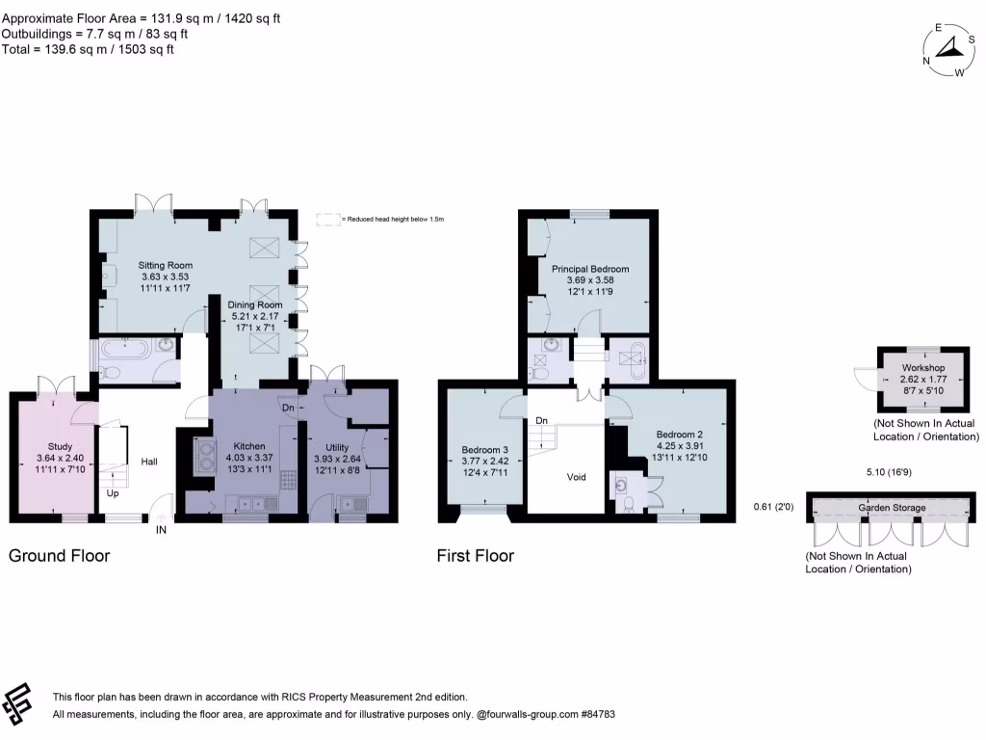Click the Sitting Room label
pos(166,265)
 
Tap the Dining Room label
pos(255,305)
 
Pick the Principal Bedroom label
pos(590,269)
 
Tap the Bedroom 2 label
pos(680,434)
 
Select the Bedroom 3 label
pos(485,450)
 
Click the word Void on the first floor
pos(576,477)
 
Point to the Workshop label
pos(922,368)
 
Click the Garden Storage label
pos(893,508)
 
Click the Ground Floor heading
pos(60,556)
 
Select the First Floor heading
pos(476,556)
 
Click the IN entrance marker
pos(162,529)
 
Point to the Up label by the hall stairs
pos(113,492)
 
